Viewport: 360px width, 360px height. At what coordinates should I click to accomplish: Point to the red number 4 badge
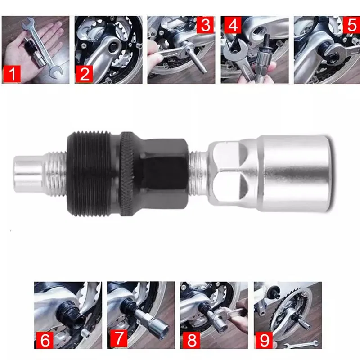click(x=233, y=25)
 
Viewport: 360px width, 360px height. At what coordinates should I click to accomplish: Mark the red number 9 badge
click(x=264, y=340)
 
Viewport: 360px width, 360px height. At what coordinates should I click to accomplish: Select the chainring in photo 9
click(x=283, y=310)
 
